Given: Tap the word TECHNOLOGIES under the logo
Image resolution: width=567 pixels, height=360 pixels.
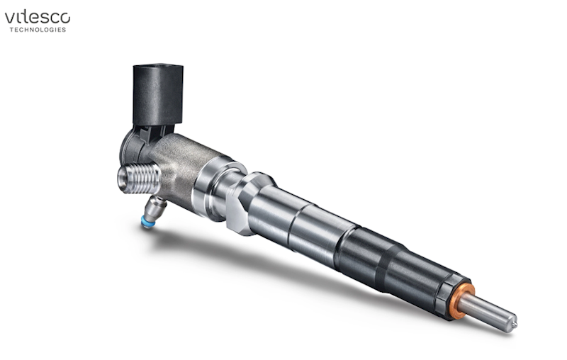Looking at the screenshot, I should [37, 30].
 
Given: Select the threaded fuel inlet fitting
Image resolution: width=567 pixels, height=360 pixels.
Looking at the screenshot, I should [140, 179].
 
